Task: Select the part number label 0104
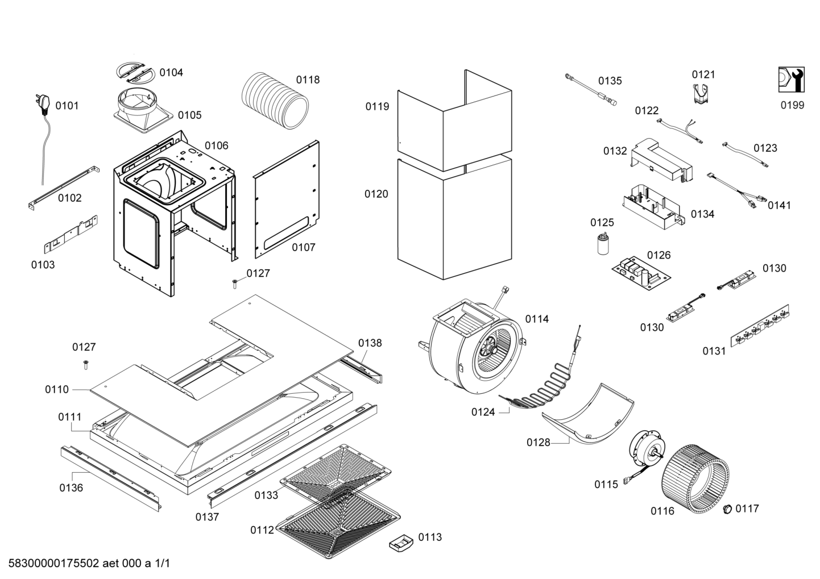(x=171, y=72)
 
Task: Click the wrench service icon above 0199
(x=791, y=80)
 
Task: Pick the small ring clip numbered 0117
(x=727, y=510)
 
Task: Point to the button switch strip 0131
(x=760, y=328)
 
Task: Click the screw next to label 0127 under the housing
(x=234, y=282)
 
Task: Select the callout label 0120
(x=376, y=194)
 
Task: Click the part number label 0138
(x=370, y=343)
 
